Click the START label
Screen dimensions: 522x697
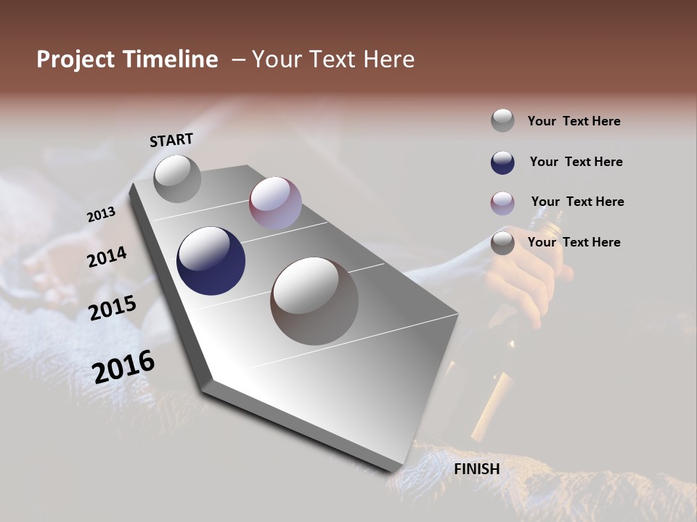pos(171,140)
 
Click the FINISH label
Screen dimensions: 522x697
pos(477,469)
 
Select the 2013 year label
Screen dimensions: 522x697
pos(101,215)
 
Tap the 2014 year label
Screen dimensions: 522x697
pos(107,257)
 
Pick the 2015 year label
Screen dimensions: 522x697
pos(113,308)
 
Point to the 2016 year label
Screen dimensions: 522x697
pos(123,366)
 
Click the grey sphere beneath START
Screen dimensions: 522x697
pos(177,178)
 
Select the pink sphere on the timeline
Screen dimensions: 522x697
pos(275,203)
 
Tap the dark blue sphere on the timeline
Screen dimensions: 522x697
pos(211,261)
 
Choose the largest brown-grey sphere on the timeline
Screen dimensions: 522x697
pos(314,301)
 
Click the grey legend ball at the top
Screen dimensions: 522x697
pos(502,120)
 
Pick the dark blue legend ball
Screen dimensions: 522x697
pos(502,162)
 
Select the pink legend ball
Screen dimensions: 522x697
pos(502,203)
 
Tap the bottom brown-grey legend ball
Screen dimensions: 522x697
pos(502,243)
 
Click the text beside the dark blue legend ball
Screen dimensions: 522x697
pos(576,162)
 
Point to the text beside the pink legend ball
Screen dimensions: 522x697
pos(577,202)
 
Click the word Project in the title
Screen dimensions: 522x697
pos(76,59)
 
